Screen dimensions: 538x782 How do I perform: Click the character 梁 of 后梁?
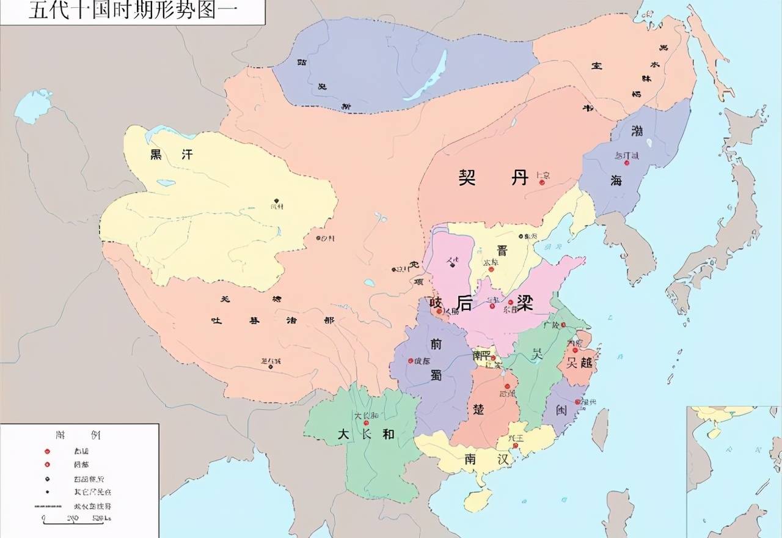524,304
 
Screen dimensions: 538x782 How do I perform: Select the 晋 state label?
502,251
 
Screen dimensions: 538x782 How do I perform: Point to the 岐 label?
436,302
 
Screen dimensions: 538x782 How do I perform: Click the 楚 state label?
478,409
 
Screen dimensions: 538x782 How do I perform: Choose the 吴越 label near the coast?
579,362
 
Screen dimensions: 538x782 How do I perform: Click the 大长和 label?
365,434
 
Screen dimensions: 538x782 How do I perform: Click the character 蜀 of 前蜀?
436,375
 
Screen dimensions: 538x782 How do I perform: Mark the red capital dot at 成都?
411,361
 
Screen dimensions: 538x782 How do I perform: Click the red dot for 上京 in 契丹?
541,182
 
